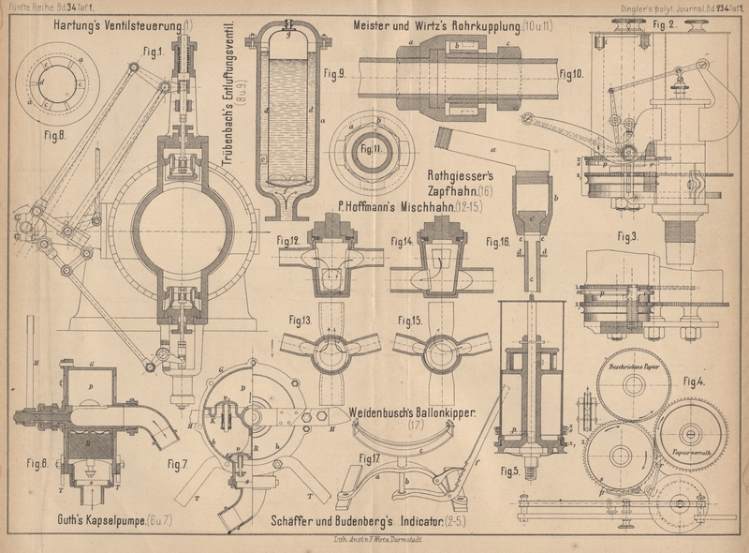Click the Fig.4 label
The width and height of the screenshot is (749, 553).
point(694,381)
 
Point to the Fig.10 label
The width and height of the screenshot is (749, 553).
point(570,72)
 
